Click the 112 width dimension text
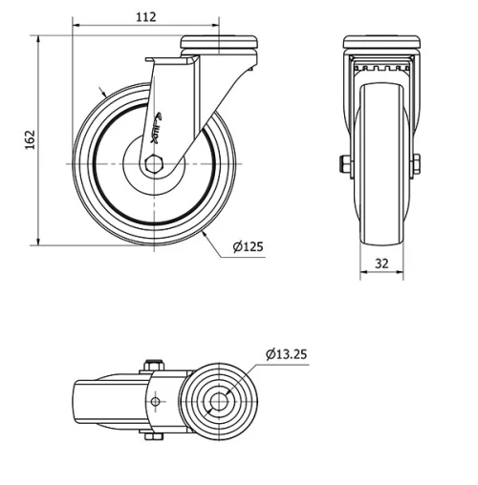(x=146, y=16)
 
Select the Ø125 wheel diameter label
(x=248, y=247)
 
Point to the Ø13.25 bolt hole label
(x=287, y=354)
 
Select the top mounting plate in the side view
(x=220, y=43)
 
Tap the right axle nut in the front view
(x=417, y=164)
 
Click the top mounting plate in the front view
(x=380, y=43)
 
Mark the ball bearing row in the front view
(x=380, y=68)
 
